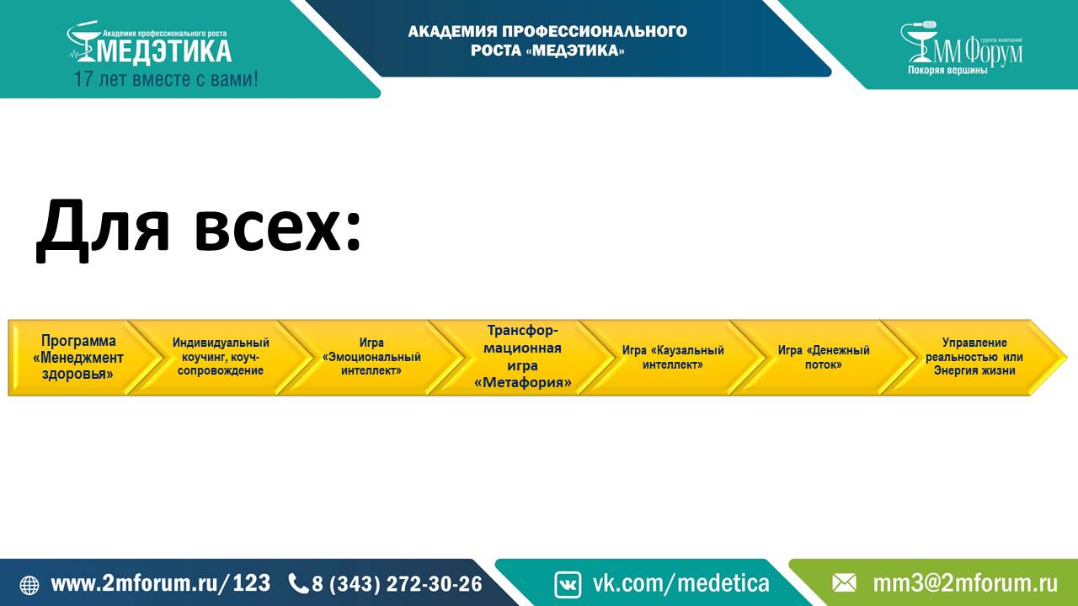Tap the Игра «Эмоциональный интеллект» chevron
pos(371,358)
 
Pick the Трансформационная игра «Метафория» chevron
pos(523,358)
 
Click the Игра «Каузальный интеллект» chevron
pos(673,358)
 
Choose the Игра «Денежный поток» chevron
pos(824,358)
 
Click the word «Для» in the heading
pos(103,230)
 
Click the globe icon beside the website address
pos(29,585)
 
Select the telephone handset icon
pos(298,584)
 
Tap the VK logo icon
pos(568,584)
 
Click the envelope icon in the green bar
pos(844,584)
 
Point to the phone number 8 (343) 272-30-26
pos(397,584)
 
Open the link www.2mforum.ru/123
pos(160,583)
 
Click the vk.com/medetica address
pos(681,583)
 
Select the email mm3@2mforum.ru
pos(965,583)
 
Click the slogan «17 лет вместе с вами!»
pos(166,79)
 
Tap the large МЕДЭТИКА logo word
pos(163,51)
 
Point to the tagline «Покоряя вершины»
pos(947,70)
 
